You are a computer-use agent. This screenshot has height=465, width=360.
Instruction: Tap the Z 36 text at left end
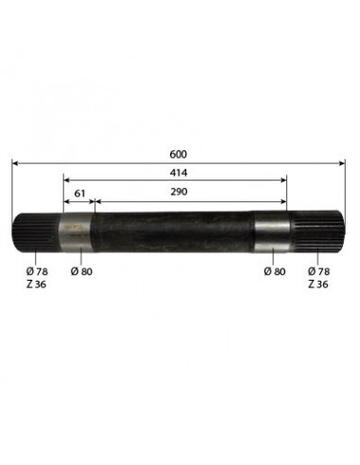[35, 284]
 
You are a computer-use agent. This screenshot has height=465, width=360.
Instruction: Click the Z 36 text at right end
[319, 284]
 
